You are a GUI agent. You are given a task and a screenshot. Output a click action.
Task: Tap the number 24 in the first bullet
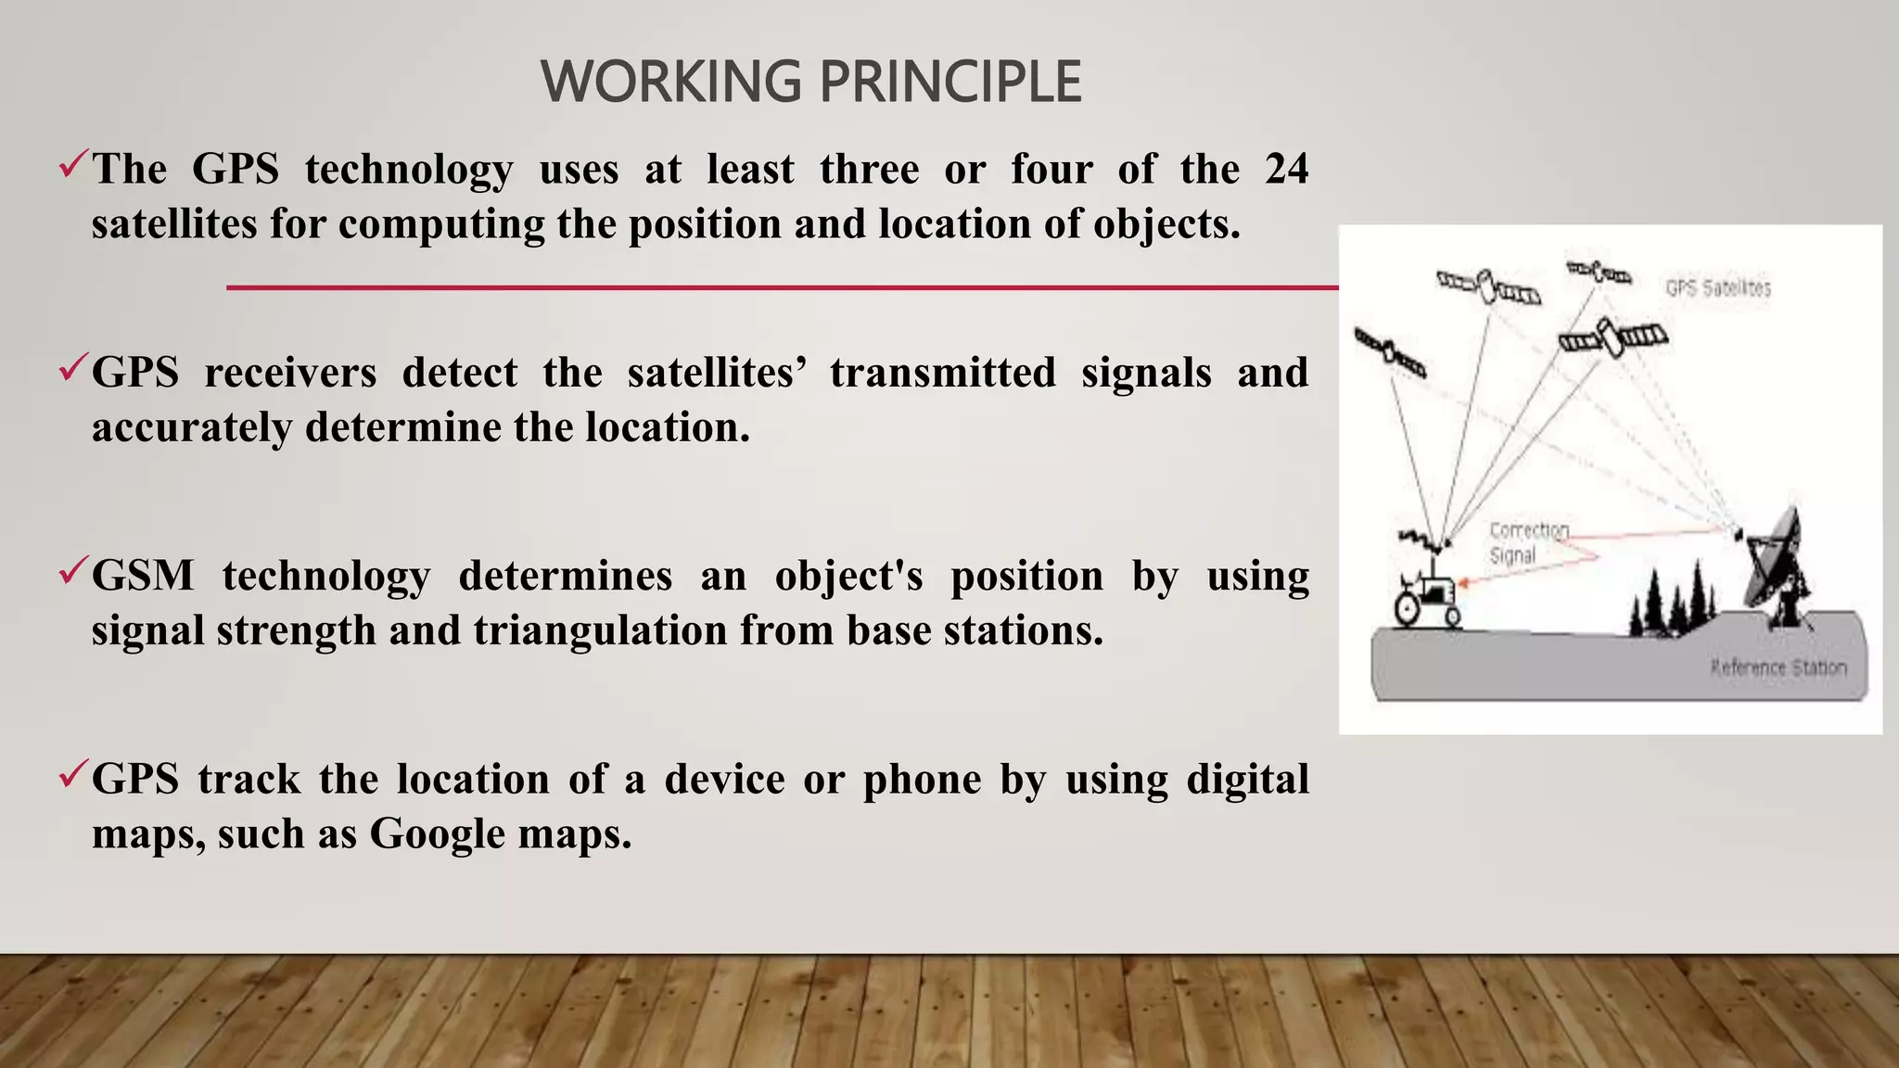[1286, 170]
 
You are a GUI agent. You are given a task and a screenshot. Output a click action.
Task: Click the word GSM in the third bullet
[143, 576]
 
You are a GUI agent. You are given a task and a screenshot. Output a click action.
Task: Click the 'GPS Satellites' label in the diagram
[1717, 288]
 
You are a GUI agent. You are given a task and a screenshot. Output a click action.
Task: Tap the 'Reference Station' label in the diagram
[1778, 667]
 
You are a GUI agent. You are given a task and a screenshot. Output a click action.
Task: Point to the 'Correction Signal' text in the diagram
[1527, 542]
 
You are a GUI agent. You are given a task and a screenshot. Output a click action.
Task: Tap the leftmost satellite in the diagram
[1389, 353]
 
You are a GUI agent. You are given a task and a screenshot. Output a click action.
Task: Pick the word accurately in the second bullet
[191, 428]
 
